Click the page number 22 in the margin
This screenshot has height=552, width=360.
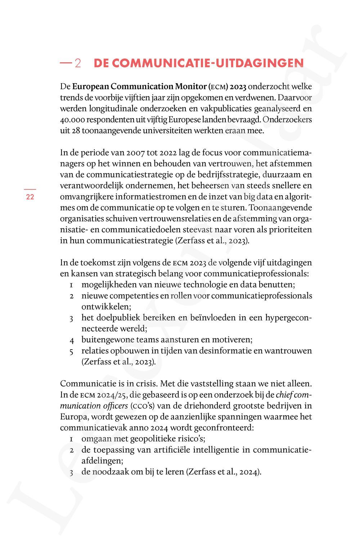click(x=30, y=197)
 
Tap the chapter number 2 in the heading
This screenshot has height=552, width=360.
click(x=78, y=64)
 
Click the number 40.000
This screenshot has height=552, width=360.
click(x=73, y=120)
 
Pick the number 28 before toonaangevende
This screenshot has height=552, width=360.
click(x=76, y=131)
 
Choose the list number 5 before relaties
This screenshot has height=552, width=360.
click(x=72, y=351)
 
